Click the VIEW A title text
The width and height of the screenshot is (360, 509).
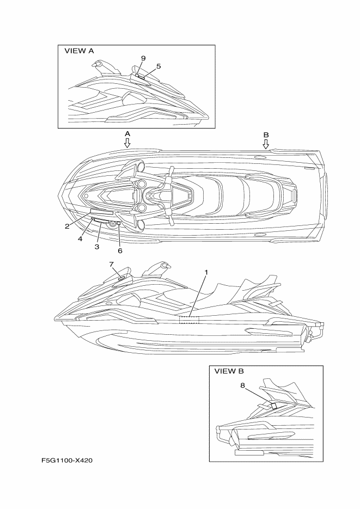(x=79, y=51)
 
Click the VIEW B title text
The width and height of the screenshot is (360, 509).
(x=229, y=371)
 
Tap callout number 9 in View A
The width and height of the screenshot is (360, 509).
(x=143, y=58)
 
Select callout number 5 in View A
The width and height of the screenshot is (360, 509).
(x=158, y=66)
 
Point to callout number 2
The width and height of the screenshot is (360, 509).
(x=67, y=226)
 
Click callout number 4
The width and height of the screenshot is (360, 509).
(x=80, y=239)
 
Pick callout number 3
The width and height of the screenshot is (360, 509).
(x=97, y=247)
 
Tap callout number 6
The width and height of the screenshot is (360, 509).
(x=120, y=251)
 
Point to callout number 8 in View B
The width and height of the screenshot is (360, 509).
(x=243, y=385)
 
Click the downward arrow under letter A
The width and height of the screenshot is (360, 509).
(x=127, y=143)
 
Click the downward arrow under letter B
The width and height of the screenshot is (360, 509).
(x=266, y=144)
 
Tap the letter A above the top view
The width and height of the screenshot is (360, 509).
(x=127, y=134)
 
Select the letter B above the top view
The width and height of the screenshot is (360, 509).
(x=266, y=134)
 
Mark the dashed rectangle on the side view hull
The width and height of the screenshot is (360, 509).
(x=189, y=320)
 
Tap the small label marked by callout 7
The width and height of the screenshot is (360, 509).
(x=121, y=278)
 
